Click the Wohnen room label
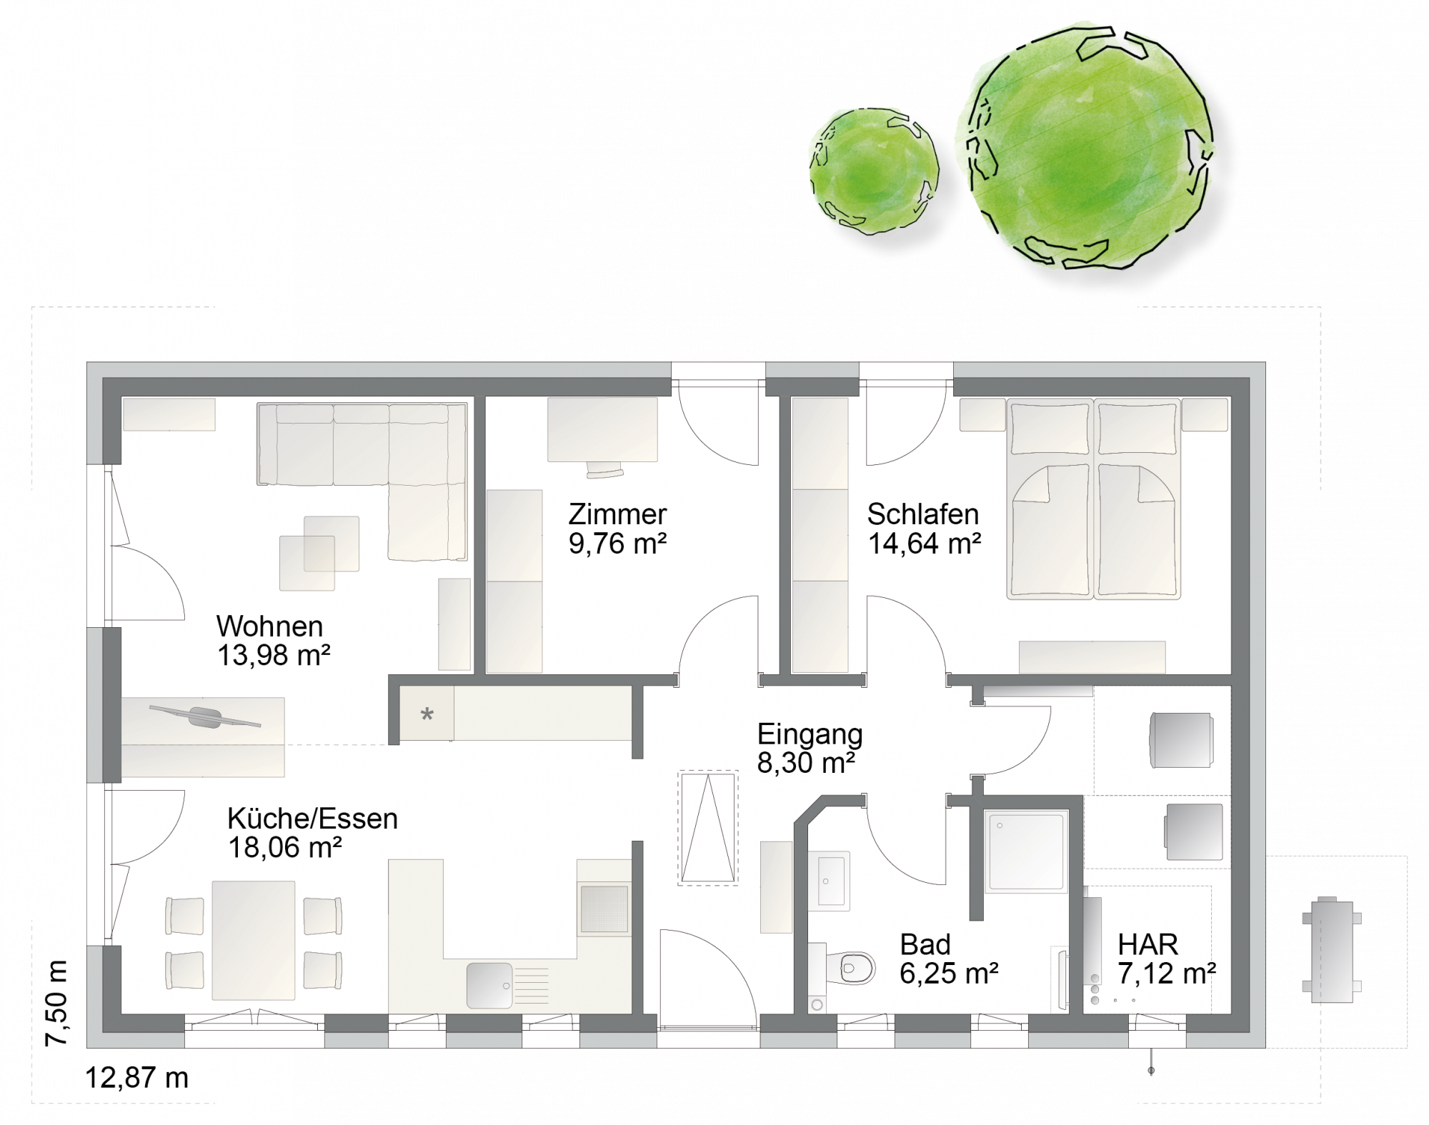[x=269, y=626]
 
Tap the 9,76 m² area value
[x=617, y=544]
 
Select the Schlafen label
[x=922, y=514]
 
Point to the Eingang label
[x=810, y=735]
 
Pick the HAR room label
[x=1147, y=945]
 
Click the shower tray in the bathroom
[x=1026, y=851]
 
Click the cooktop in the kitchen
[x=605, y=909]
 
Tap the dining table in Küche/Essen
[x=254, y=940]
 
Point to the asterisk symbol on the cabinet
[x=427, y=714]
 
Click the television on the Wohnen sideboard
[x=205, y=716]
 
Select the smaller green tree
[x=874, y=171]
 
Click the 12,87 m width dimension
[x=136, y=1078]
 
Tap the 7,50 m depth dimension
[x=56, y=1004]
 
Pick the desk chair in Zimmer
[x=604, y=469]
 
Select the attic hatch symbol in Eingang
[x=707, y=828]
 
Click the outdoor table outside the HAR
[x=1331, y=950]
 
